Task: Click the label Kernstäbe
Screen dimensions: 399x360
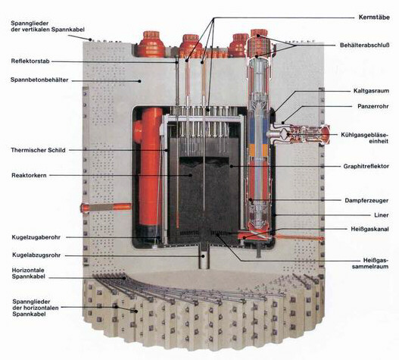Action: coord(374,17)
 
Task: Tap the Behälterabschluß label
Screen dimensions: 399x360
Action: coord(365,45)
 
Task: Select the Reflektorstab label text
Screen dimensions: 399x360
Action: coord(30,61)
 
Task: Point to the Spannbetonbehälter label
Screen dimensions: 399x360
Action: coord(39,80)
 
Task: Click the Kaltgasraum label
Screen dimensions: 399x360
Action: coord(371,91)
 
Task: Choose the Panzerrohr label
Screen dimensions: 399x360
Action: coord(373,106)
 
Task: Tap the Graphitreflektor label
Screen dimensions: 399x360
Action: coord(366,167)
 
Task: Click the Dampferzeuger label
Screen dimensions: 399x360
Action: coord(366,201)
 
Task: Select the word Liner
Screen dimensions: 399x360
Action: coord(382,215)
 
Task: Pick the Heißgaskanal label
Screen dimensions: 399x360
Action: coord(370,229)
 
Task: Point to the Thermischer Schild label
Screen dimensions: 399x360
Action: coord(38,150)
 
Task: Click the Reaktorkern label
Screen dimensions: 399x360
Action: coord(29,176)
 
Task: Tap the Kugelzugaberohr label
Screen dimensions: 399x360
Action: coord(36,237)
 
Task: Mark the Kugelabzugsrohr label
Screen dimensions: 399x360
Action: coord(36,255)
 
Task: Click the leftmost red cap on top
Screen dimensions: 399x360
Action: coord(151,44)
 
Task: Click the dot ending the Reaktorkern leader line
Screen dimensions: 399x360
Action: coord(190,175)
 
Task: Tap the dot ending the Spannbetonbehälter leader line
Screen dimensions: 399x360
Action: coord(139,81)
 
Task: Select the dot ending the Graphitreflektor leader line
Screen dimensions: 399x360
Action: coord(232,167)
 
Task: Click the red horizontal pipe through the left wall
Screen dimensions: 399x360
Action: coord(106,207)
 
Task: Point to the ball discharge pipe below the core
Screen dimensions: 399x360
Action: coord(204,258)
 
